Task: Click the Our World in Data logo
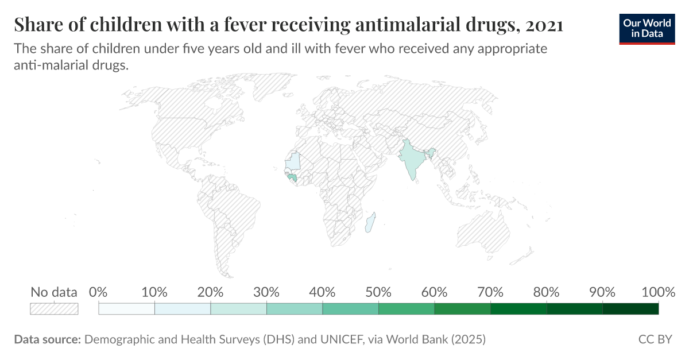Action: pos(647,27)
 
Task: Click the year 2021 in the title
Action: pos(544,25)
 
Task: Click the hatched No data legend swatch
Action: pos(54,309)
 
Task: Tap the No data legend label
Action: pos(54,292)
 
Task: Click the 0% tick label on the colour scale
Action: pos(99,292)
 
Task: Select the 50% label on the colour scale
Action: pos(378,292)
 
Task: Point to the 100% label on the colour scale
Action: pos(658,292)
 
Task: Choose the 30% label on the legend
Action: pos(266,292)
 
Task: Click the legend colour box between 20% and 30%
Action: pos(239,309)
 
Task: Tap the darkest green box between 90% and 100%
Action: pos(630,309)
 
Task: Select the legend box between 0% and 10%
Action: pos(127,309)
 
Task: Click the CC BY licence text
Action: pos(655,339)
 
